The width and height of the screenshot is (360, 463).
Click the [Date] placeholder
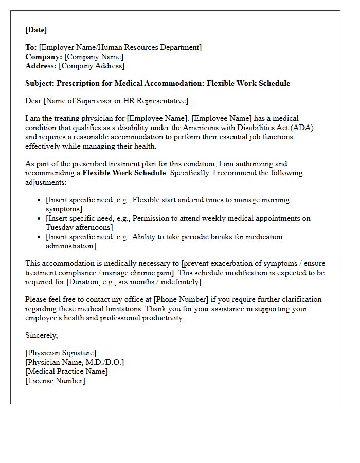[36, 30]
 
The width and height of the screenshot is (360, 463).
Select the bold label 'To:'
[31, 47]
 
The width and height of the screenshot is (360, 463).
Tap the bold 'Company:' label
[44, 57]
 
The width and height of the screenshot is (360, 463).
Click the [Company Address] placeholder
[92, 66]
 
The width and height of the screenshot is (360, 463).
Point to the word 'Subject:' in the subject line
[40, 83]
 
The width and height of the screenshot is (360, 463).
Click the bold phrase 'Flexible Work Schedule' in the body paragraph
[124, 173]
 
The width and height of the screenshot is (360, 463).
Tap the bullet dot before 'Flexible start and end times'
[40, 200]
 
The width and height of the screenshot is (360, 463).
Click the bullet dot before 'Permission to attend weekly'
[40, 218]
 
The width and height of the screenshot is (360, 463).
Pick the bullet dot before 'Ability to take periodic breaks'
[40, 237]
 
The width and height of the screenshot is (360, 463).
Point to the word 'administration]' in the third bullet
[71, 246]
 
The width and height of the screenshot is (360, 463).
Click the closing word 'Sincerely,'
[42, 335]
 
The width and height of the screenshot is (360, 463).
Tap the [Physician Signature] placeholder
[61, 353]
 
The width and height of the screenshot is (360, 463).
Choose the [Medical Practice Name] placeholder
[66, 371]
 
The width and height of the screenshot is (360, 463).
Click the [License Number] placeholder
[55, 381]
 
